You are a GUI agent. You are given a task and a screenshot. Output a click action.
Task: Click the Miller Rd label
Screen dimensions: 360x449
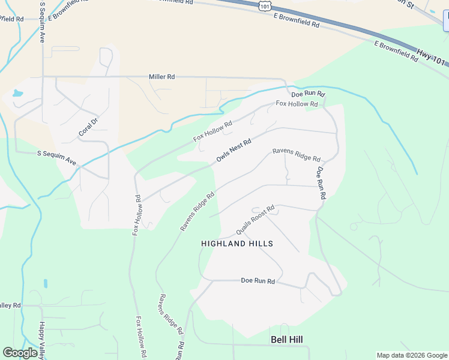(x=162, y=77)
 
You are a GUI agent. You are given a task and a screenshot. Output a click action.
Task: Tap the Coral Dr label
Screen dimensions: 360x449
(x=88, y=125)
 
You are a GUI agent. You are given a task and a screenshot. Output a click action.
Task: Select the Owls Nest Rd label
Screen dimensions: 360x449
(x=234, y=150)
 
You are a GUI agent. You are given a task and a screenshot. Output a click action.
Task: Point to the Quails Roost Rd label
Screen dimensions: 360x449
(x=255, y=220)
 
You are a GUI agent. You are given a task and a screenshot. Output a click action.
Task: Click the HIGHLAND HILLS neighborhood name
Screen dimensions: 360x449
(x=237, y=244)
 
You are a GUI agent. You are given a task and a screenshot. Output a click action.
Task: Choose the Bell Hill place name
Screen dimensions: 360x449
(x=286, y=340)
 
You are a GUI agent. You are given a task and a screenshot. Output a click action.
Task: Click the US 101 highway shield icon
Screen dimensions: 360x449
(x=265, y=5)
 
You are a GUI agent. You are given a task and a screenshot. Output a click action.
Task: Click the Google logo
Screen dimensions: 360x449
(x=20, y=353)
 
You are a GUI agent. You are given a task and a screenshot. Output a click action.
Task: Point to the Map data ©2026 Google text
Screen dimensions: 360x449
(x=412, y=355)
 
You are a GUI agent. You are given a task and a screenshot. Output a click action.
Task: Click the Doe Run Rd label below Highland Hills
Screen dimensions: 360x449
(x=258, y=281)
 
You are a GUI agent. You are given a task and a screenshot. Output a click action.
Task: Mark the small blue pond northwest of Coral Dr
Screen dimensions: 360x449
(x=16, y=94)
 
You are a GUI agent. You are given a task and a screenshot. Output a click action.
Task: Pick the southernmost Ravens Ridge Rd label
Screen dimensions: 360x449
(x=170, y=314)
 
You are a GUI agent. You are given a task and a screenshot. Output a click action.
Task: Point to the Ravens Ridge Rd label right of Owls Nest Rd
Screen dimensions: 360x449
(x=297, y=155)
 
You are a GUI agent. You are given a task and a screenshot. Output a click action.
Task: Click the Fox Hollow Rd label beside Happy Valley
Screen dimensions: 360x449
(x=142, y=337)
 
